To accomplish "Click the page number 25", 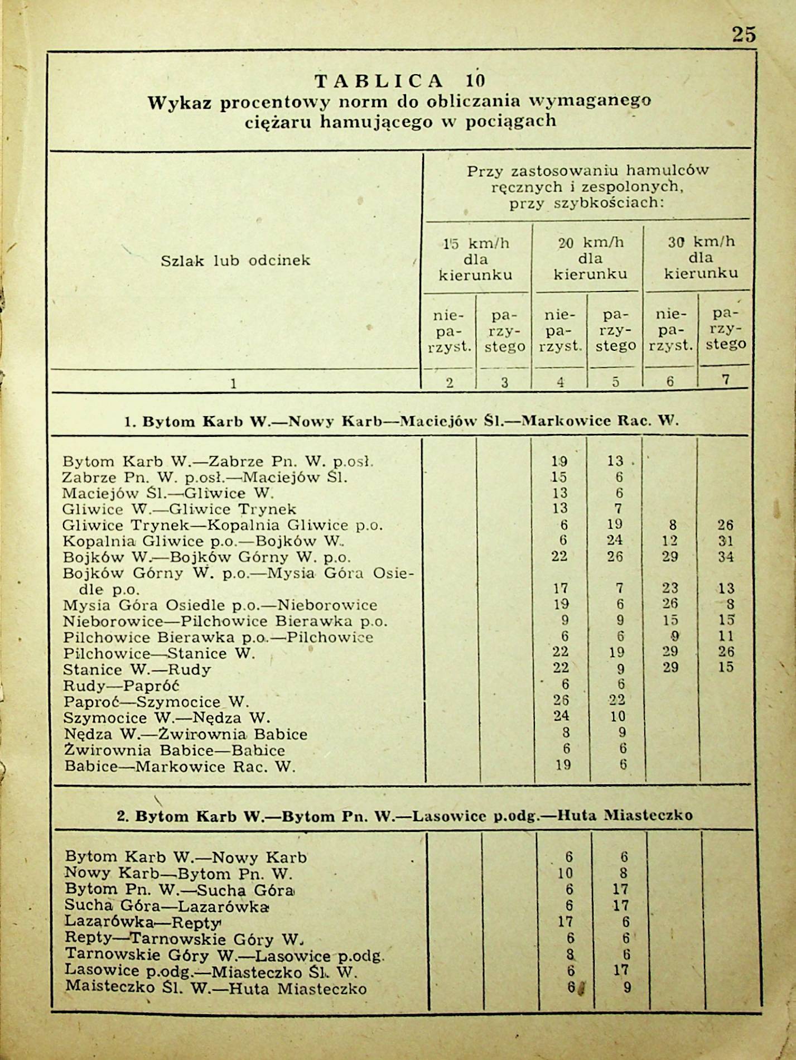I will click(744, 35).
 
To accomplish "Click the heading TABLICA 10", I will click(400, 81).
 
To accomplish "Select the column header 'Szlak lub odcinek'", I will click(235, 261).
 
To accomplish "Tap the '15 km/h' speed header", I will click(476, 243).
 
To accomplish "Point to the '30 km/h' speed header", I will click(701, 242).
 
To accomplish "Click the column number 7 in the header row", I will click(725, 380).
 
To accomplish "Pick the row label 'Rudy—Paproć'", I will click(120, 686).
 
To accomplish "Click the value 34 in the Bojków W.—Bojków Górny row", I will click(725, 557).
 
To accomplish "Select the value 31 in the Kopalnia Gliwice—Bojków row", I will click(725, 541).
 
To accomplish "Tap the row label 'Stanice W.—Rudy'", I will click(137, 669).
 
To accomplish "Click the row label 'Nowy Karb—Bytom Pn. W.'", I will click(179, 874).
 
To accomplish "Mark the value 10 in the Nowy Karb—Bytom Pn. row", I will click(565, 874).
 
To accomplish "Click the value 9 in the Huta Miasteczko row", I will click(627, 988).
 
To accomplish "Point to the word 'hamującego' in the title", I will click(376, 121).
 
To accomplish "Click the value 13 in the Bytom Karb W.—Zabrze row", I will click(615, 461).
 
